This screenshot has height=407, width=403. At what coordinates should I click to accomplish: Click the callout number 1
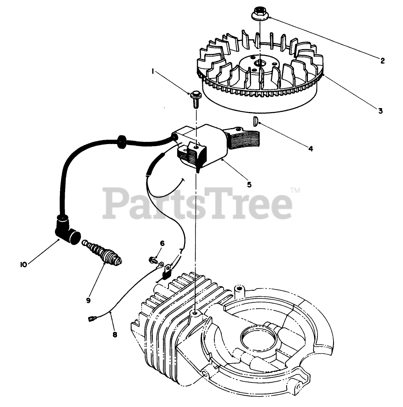coord(153,72)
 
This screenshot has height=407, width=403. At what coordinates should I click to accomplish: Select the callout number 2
coord(382,61)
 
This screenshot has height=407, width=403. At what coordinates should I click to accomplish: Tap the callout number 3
coord(380,111)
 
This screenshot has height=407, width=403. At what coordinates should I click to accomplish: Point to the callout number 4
coord(311,149)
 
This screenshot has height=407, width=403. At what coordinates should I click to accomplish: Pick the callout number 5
coord(249,185)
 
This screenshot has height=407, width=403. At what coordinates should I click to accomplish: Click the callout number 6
coord(162,243)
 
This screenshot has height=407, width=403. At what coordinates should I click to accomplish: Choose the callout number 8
coord(115,335)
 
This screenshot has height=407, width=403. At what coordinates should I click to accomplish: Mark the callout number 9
coord(88,300)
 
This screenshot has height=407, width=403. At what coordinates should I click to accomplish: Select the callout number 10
coord(23,265)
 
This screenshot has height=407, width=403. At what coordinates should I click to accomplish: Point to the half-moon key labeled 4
coord(255,122)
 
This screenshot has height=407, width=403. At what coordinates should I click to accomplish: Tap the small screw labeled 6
coord(153,259)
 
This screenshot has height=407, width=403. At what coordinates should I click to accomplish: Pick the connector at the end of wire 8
coord(91,317)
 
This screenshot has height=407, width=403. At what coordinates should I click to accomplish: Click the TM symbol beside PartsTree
coord(295,190)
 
